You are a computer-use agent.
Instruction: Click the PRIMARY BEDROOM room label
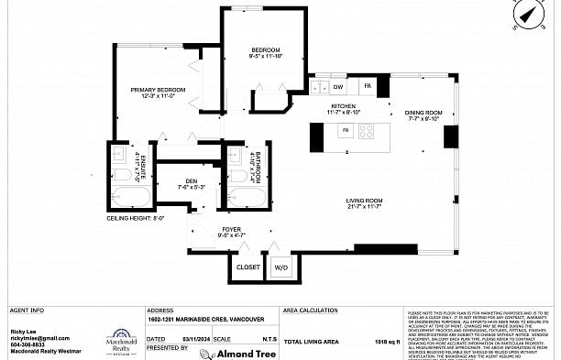pyautogui.click(x=158, y=90)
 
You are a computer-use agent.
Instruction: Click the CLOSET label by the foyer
pyautogui.click(x=247, y=267)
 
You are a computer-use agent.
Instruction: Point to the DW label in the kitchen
pyautogui.click(x=338, y=87)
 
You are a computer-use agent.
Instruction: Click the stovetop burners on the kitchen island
pyautogui.click(x=366, y=131)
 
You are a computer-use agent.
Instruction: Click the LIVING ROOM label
pyautogui.click(x=363, y=201)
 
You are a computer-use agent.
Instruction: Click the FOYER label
pyautogui.click(x=232, y=230)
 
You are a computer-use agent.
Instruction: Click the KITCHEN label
pyautogui.click(x=343, y=106)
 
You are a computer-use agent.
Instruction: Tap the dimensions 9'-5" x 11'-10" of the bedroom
pyautogui.click(x=267, y=57)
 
